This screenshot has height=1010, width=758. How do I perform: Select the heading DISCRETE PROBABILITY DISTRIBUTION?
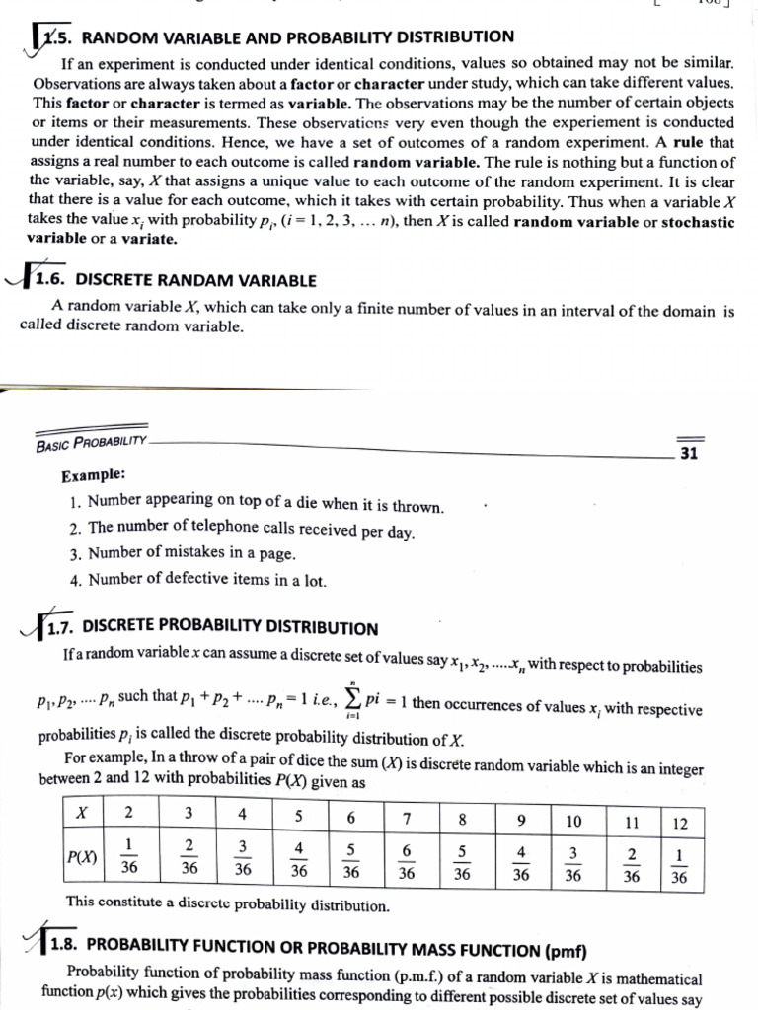click(x=230, y=627)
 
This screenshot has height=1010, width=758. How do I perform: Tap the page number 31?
click(x=689, y=454)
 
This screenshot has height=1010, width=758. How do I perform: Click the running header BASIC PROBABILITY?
click(x=91, y=444)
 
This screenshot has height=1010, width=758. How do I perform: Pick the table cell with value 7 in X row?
click(x=406, y=817)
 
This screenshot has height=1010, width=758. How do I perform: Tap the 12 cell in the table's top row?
click(x=678, y=822)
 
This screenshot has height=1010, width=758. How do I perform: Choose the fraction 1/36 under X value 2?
click(x=129, y=857)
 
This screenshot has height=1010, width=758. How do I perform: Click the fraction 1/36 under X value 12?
click(x=678, y=864)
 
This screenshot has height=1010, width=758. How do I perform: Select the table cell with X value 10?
click(x=573, y=821)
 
